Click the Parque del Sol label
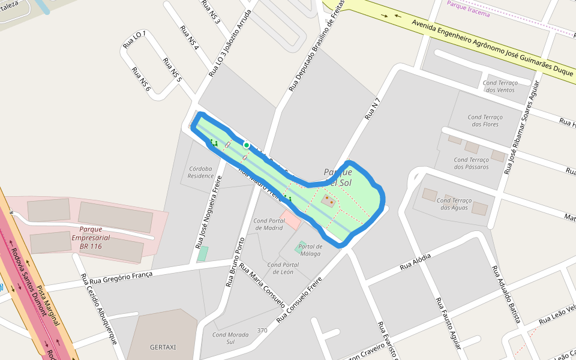tap(338, 177)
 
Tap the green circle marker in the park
tap(246, 145)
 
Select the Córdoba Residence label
tap(200, 172)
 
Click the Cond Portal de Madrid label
tap(268, 224)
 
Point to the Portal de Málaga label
tap(311, 250)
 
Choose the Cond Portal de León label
tap(283, 268)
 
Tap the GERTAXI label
tap(163, 347)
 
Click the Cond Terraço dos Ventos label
tap(499, 86)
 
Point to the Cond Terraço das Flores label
tap(485, 121)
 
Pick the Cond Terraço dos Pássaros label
tap(472, 163)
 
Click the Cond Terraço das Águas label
tap(454, 204)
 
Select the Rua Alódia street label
tap(415, 262)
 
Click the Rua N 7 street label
tap(373, 108)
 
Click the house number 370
tap(262, 331)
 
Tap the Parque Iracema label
tap(469, 13)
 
